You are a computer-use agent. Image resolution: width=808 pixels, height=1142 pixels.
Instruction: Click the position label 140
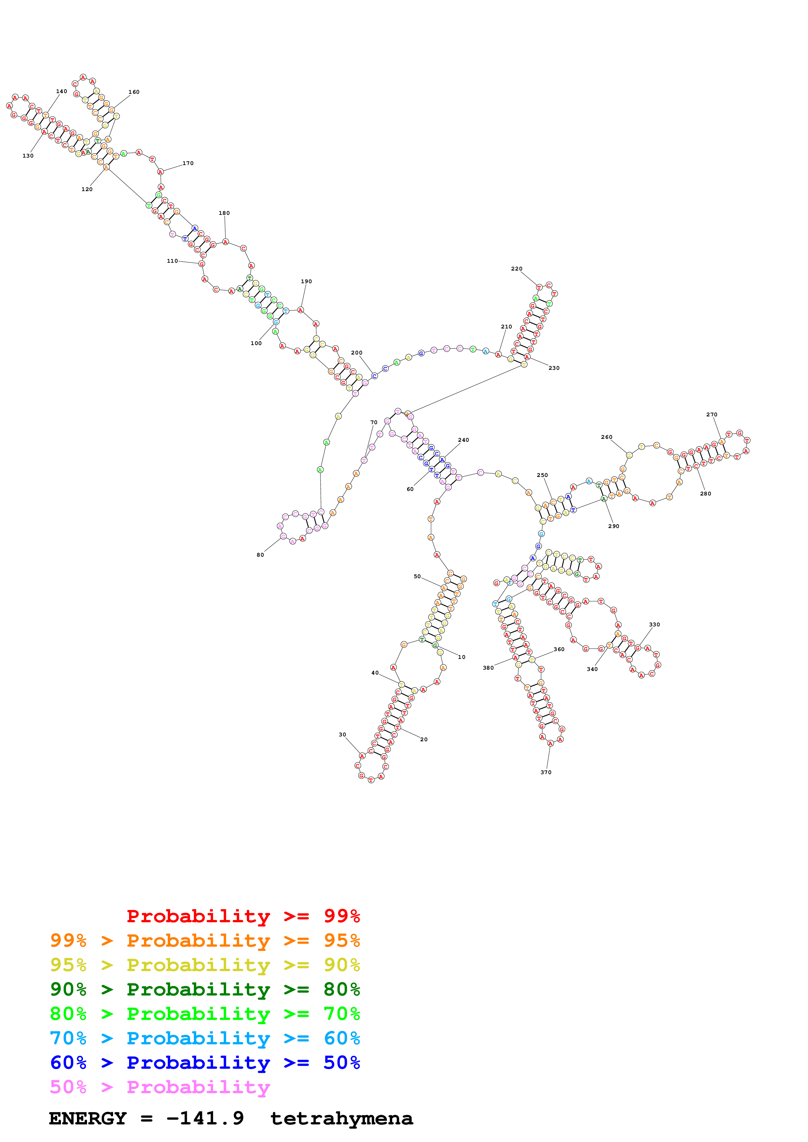click(x=61, y=91)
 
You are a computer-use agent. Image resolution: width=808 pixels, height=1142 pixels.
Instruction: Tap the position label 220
click(x=516, y=269)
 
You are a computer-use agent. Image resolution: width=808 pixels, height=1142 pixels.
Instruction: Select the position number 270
click(x=712, y=414)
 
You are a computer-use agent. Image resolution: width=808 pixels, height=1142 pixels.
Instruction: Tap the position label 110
click(x=172, y=261)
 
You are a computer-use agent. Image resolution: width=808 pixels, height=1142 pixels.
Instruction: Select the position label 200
click(x=357, y=353)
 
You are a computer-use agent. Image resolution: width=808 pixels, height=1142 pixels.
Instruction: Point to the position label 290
click(x=613, y=526)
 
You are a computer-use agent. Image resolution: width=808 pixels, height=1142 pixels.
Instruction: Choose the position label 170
click(x=188, y=163)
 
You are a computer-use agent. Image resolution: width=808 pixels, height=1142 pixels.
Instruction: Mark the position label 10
click(x=462, y=657)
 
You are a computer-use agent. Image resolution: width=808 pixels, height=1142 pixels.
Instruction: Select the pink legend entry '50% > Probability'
click(x=159, y=1087)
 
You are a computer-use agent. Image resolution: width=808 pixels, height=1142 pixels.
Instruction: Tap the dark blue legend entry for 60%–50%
click(x=205, y=1063)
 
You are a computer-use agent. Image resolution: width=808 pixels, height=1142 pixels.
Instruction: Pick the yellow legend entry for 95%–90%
click(x=205, y=965)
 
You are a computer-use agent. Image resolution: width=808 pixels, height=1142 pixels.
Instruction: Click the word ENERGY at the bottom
click(x=88, y=1119)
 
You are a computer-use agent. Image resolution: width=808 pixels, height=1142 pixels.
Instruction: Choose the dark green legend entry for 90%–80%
click(x=205, y=989)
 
